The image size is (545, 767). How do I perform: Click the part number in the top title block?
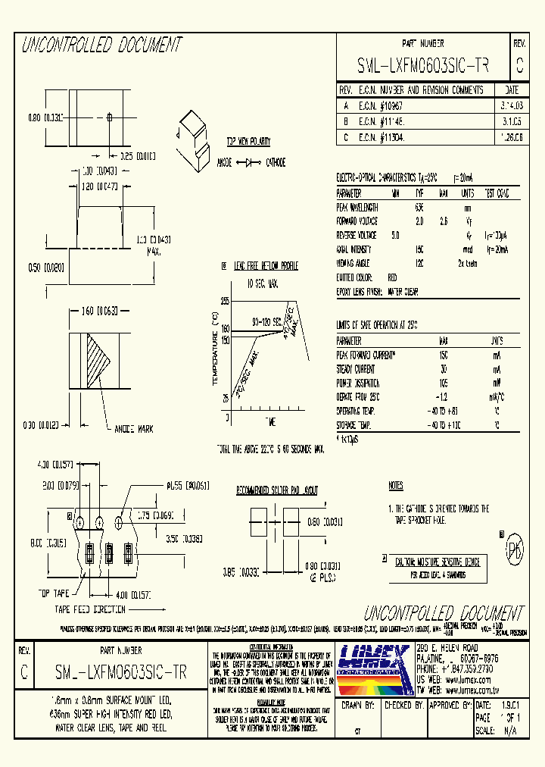pyautogui.click(x=422, y=66)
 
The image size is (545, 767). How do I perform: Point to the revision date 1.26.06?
pyautogui.click(x=506, y=138)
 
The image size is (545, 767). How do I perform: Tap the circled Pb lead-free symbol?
pyautogui.click(x=514, y=548)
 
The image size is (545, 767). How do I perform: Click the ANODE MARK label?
pyautogui.click(x=133, y=428)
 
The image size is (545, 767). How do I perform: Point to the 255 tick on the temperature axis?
pyautogui.click(x=225, y=301)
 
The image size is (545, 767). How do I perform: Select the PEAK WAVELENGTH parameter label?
pyautogui.click(x=357, y=207)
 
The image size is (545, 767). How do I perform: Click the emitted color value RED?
pyautogui.click(x=392, y=278)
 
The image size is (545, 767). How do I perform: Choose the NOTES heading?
pyautogui.click(x=395, y=486)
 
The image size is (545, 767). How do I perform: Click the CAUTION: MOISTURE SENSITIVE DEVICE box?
pyautogui.click(x=438, y=562)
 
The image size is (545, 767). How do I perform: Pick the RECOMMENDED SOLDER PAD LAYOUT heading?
pyautogui.click(x=277, y=490)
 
